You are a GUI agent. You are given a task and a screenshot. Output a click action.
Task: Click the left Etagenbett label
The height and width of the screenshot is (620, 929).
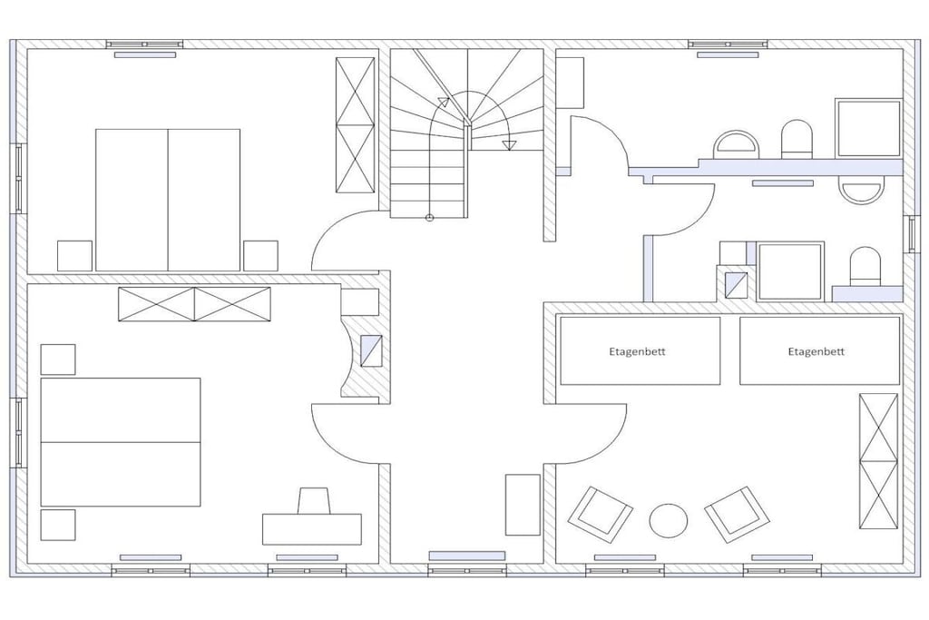[x=637, y=351]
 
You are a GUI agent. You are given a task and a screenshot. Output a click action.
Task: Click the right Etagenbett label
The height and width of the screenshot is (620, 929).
[x=816, y=351]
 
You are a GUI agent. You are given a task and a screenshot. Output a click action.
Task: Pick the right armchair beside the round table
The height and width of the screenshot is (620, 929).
[x=737, y=515]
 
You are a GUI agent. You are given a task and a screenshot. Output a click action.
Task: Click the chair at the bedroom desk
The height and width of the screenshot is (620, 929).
[x=313, y=500]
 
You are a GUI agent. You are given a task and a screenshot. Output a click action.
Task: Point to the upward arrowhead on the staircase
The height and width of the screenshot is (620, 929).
[x=443, y=102]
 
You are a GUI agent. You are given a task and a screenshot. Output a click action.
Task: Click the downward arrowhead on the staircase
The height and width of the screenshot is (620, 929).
[x=508, y=145]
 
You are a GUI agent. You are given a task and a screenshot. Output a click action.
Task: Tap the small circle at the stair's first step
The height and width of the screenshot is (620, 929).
[x=429, y=218]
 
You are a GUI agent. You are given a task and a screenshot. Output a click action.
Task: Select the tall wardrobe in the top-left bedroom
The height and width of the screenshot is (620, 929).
[x=356, y=125]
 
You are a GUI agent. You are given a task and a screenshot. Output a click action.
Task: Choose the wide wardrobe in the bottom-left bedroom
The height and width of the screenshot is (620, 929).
[x=194, y=304]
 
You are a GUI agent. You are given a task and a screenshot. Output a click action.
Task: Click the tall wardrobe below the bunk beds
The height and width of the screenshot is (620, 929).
[x=878, y=460]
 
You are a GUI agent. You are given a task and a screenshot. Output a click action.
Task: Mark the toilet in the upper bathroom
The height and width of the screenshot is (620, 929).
[x=797, y=139]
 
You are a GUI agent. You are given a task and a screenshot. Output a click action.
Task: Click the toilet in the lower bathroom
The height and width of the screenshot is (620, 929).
[x=865, y=266]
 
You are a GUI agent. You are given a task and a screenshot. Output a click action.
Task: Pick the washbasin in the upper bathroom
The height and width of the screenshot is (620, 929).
[x=736, y=144]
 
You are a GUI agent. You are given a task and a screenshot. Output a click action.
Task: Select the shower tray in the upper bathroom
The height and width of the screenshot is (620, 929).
[x=868, y=128]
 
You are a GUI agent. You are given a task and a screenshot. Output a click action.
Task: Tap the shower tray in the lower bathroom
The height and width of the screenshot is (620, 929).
[x=790, y=271]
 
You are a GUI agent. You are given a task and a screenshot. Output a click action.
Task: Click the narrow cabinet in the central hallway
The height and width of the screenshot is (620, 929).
[x=523, y=505]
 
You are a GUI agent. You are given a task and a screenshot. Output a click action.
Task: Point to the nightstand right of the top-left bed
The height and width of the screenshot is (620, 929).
[x=260, y=255]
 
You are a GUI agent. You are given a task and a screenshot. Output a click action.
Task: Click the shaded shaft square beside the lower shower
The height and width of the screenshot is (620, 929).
[x=736, y=284]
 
